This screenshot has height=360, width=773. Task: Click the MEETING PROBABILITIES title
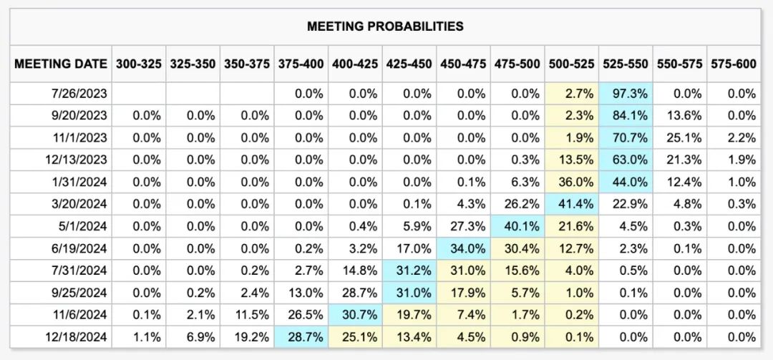coord(385,26)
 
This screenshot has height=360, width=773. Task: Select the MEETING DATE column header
coord(61,64)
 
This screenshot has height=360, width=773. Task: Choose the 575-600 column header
coord(733,64)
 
